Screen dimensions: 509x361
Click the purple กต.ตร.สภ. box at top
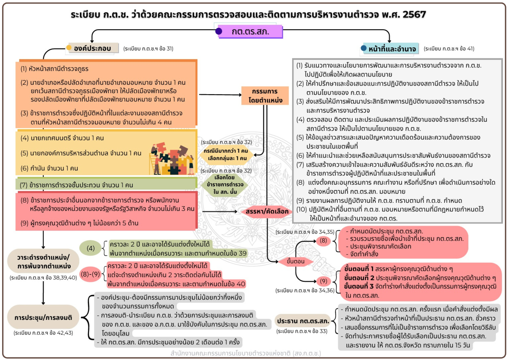tap(250, 32)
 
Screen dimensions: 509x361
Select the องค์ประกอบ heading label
tap(92, 48)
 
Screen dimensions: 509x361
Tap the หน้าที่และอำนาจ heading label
tap(392, 49)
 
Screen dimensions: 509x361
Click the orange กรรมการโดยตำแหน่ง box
tap(265, 96)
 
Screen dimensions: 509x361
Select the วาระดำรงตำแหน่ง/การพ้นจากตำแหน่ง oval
tap(43, 262)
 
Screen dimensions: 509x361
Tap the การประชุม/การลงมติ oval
tap(43, 318)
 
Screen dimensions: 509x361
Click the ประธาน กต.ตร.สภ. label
tap(303, 321)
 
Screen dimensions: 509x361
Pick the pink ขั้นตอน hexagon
tap(295, 261)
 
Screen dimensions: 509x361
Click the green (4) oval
tap(91, 248)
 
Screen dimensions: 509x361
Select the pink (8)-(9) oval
tap(90, 274)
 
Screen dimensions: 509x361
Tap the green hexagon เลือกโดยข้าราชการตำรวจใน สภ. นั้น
tap(225, 185)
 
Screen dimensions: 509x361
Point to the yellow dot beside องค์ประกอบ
tap(69, 48)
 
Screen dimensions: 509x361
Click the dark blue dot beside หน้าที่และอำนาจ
tap(364, 48)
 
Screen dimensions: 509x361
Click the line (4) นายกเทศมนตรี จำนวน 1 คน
tap(62, 138)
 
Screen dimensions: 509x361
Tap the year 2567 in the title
tap(414, 14)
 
